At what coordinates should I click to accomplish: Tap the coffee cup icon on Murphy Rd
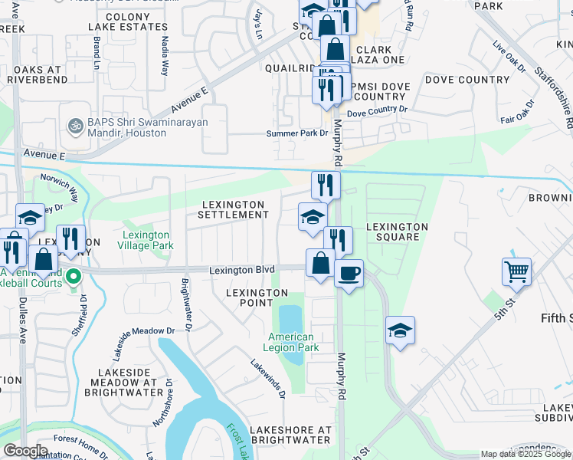click(x=349, y=273)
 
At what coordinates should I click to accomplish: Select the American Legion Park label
click(x=292, y=342)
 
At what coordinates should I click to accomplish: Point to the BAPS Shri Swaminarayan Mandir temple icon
click(x=75, y=124)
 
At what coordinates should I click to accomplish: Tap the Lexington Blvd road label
click(x=243, y=271)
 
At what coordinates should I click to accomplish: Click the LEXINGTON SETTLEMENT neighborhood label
click(x=233, y=210)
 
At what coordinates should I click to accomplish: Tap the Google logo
click(x=25, y=451)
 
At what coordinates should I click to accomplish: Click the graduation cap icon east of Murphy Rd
click(x=400, y=330)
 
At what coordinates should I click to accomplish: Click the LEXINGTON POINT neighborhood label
click(x=257, y=299)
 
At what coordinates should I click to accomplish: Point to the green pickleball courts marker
click(x=74, y=275)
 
